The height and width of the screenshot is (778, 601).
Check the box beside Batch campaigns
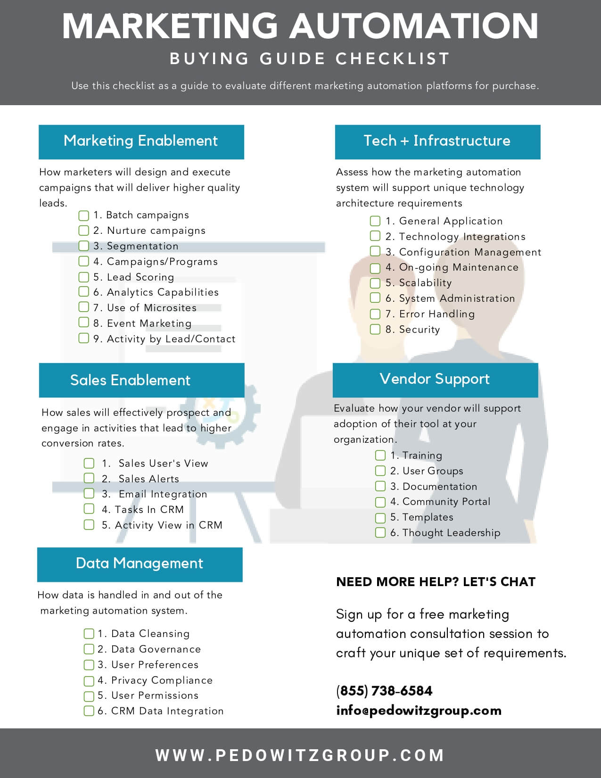83,215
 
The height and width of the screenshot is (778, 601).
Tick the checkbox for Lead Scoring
83,277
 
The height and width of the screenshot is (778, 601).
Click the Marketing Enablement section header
141,142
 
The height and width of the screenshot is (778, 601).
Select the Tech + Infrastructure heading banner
437,142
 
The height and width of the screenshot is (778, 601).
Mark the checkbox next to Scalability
375,283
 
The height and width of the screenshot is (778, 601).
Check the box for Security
375,329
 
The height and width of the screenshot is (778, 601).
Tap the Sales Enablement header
142,380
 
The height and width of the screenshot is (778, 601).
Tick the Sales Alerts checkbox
89,478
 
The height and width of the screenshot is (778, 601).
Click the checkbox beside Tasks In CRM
89,509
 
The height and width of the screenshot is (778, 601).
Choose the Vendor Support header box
435,380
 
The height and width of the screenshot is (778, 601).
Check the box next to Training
380,455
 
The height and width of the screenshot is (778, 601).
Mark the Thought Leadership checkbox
380,533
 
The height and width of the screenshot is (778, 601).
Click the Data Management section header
140,564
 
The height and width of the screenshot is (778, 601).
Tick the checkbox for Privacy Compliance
89,680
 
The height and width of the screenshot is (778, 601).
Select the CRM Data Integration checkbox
89,711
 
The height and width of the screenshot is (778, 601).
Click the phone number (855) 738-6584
384,691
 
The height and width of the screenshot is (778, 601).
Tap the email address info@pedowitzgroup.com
419,711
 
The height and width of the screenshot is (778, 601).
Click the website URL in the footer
300,755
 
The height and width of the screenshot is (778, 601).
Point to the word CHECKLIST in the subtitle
392,58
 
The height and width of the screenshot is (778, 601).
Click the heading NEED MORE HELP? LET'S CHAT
436,582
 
